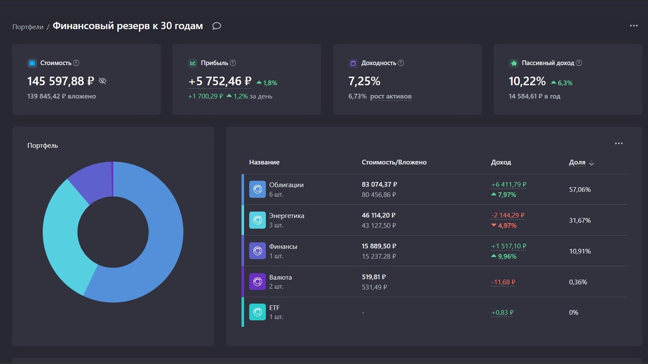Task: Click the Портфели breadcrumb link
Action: [x=28, y=27]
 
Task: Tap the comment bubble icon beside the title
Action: [x=217, y=26]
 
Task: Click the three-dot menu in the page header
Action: [x=633, y=26]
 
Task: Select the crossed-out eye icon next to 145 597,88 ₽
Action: [x=103, y=81]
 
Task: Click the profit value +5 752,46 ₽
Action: [x=220, y=81]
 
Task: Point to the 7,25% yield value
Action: [x=364, y=81]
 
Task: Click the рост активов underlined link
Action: [x=390, y=96]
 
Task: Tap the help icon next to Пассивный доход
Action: [x=579, y=63]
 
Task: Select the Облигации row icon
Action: [x=258, y=189]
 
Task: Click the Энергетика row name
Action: [x=287, y=216]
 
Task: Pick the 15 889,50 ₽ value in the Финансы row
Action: [x=380, y=246]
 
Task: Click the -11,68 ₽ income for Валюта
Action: [x=503, y=282]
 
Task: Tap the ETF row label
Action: [x=274, y=308]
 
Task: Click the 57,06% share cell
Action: [x=580, y=190]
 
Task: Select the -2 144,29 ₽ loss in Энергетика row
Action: [x=507, y=215]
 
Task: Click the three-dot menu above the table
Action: [x=618, y=144]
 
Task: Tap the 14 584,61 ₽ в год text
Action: [x=534, y=96]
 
